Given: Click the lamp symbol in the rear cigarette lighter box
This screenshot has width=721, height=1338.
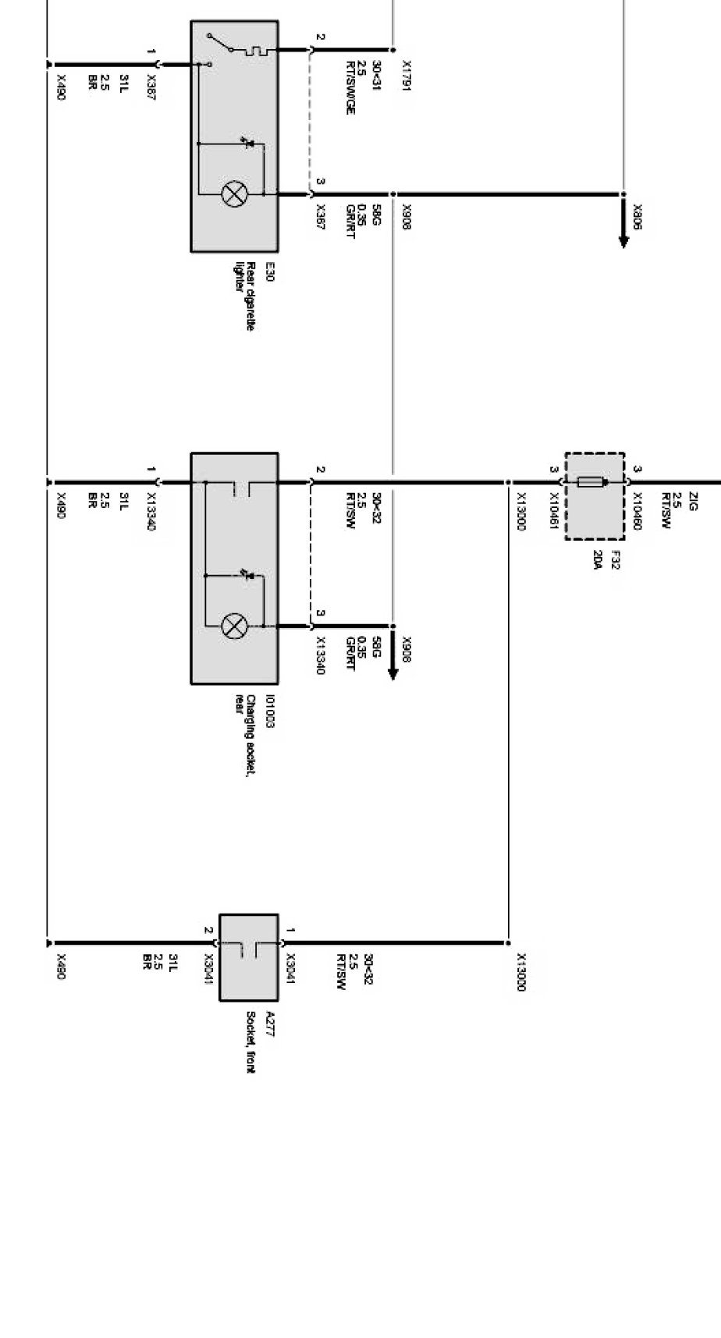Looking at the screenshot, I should [233, 193].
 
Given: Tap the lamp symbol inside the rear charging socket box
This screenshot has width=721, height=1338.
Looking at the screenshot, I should [233, 626].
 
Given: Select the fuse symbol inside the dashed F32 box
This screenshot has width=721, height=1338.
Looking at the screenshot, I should [593, 483].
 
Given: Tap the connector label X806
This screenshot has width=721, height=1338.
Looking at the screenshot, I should [638, 216].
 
